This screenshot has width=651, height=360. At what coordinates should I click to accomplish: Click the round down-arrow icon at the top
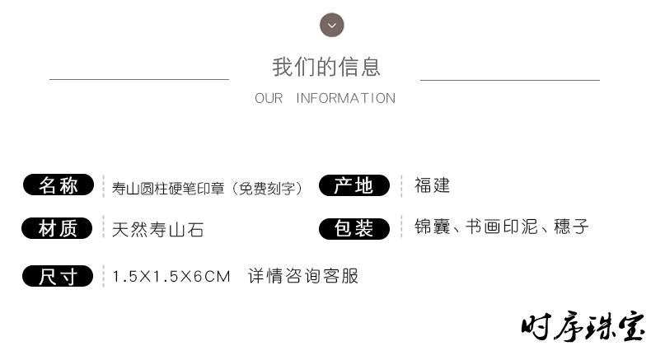tap(332, 25)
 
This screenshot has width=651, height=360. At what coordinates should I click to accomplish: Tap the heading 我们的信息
tap(326, 67)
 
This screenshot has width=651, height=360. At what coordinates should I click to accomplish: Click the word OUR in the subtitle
tap(269, 98)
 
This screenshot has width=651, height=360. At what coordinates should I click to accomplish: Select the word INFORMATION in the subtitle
tap(346, 98)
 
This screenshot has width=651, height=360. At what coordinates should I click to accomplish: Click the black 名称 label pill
tap(59, 185)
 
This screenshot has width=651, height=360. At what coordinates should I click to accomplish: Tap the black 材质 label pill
tap(57, 228)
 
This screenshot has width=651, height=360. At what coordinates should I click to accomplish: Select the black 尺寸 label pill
tap(58, 276)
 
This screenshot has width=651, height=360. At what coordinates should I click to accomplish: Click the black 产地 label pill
tap(354, 185)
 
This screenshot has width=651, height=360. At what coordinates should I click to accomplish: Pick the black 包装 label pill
tap(354, 228)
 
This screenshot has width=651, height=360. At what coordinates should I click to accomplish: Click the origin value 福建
tap(432, 185)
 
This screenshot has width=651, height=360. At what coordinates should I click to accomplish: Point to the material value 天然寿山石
tap(157, 230)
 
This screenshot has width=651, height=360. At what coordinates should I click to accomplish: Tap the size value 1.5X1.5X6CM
tap(171, 277)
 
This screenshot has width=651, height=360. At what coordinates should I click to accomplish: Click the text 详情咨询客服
tap(303, 276)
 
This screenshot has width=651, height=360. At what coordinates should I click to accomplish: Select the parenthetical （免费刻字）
tap(267, 189)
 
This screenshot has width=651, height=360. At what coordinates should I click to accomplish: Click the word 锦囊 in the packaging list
tap(432, 227)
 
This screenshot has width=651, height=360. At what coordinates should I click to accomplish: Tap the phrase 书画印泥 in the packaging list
tap(502, 227)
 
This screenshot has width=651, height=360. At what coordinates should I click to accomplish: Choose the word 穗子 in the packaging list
tap(571, 227)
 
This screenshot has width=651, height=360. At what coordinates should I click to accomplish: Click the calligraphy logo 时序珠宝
tap(583, 327)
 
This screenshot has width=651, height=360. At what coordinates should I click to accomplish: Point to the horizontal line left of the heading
tap(139, 79)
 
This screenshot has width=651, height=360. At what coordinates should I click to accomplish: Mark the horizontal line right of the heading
tap(510, 80)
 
